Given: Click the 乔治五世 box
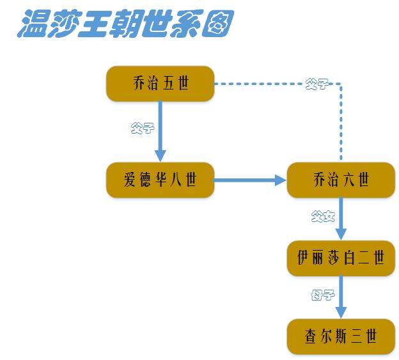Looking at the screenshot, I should tap(160, 83).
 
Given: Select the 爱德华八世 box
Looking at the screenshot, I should tap(160, 180).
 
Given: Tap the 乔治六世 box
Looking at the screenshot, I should tap(340, 180).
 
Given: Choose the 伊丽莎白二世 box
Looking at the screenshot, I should tap(340, 258).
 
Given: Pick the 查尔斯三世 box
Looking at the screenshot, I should tap(340, 336).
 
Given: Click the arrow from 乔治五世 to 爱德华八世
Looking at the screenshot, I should tap(160, 131).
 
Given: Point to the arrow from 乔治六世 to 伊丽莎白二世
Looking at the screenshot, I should tap(340, 218).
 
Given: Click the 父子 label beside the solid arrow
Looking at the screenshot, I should tap(142, 127).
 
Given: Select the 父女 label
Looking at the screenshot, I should tap(323, 217).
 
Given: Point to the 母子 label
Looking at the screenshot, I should tap(323, 295).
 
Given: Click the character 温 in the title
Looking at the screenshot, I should tap(31, 24).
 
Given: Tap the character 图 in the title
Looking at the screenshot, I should tap(215, 24).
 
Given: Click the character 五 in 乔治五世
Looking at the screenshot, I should tap(169, 83).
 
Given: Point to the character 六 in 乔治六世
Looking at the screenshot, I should tap(349, 180).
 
